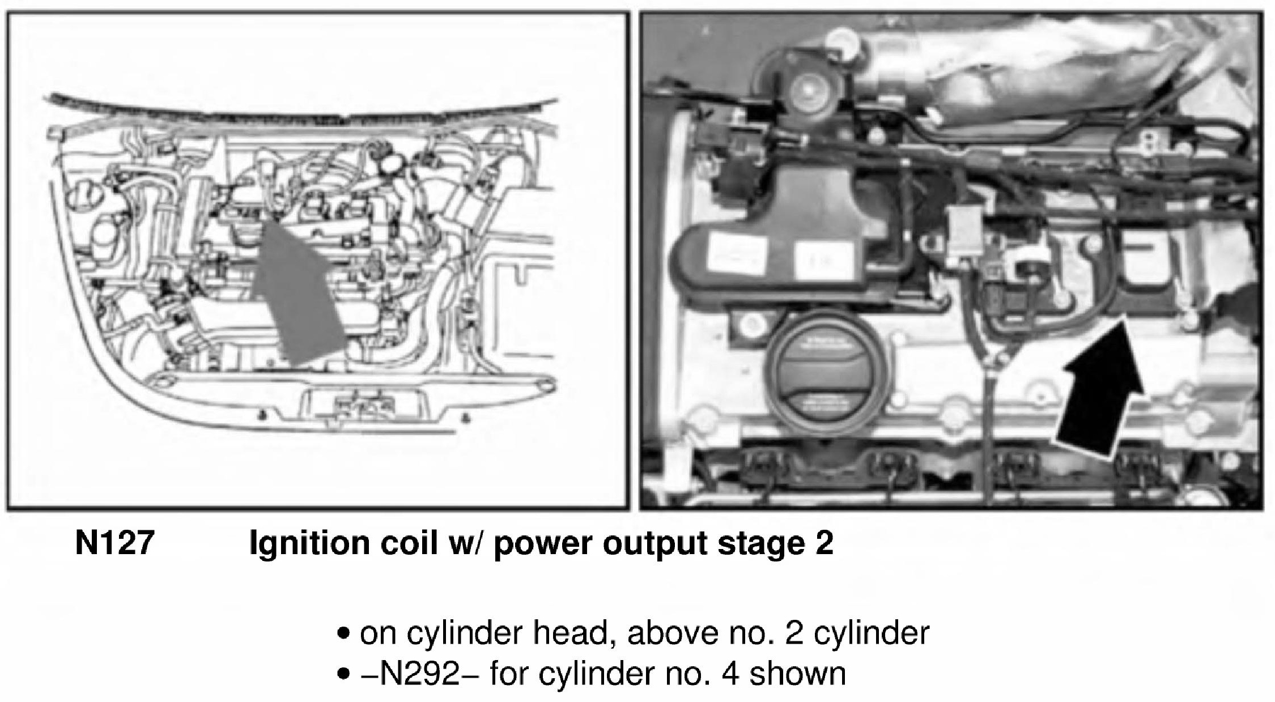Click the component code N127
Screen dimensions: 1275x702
click(114, 543)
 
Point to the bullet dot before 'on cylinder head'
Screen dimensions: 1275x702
click(342, 633)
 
